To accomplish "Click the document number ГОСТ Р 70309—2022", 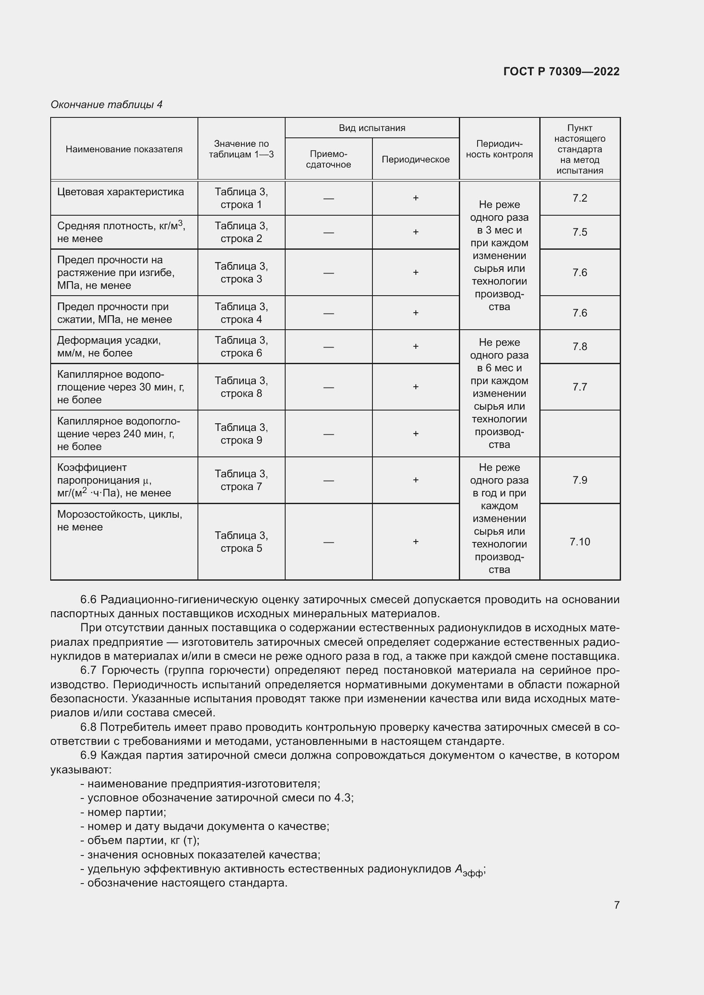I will pos(561,71).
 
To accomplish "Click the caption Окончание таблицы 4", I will pos(106,105).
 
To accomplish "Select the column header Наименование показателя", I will pos(124,149).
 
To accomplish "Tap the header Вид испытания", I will pos(372,128).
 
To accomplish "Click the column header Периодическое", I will pos(415,160).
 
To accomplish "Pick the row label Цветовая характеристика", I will pos(120,192).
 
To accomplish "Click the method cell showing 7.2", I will pos(580,198).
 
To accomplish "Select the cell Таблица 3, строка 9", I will pos(241,434).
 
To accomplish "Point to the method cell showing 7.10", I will pos(580,542).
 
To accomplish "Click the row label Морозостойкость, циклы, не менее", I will pos(120,520).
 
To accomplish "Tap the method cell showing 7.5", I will pos(580,232).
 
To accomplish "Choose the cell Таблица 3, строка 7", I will pos(241,480).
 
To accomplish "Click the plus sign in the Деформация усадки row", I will pos(415,346).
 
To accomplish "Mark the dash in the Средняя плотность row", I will pos(328,233).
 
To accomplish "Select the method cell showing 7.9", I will pos(580,480).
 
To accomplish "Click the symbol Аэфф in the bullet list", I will pos(469,870).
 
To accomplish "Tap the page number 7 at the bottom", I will pos(616,905).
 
